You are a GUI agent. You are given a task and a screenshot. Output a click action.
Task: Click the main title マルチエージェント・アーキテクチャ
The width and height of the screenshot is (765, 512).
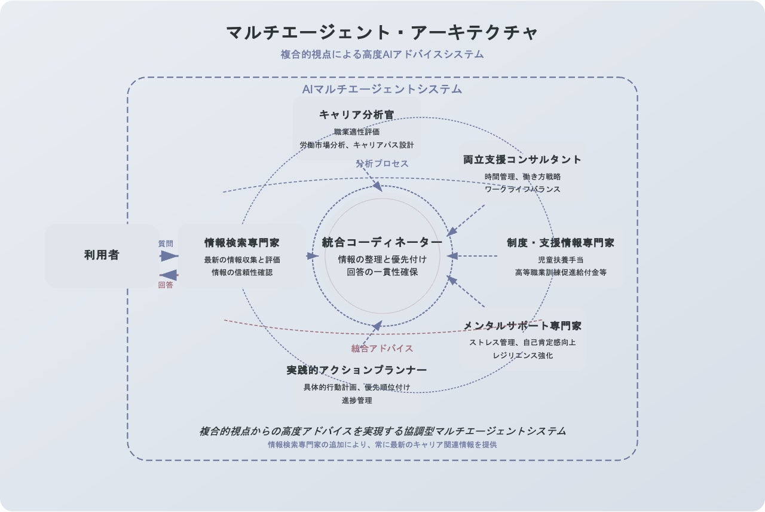pos(382,32)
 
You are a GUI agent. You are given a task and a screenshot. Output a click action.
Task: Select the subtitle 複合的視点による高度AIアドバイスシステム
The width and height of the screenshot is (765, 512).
pos(382,54)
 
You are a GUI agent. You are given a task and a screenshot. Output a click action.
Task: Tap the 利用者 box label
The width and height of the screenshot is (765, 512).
pos(102,255)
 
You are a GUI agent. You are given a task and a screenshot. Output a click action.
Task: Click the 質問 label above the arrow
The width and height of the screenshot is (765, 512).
pos(166,244)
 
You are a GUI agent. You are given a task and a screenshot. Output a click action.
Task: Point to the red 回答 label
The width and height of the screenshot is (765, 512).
pos(166,285)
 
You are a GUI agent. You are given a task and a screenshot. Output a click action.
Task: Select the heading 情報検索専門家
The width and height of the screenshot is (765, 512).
pos(242,243)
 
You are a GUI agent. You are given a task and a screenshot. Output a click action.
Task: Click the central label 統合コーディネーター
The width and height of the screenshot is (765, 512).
pos(382,242)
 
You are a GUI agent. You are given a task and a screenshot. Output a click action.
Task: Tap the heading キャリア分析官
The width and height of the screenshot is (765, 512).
pos(357,115)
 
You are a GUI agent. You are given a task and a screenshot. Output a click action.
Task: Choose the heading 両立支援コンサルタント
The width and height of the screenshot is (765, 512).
pos(522,160)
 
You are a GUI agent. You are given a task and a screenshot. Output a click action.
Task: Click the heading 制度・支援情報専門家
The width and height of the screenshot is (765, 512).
pos(561,243)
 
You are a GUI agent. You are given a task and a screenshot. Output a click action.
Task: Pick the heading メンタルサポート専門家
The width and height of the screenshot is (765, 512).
pos(522,326)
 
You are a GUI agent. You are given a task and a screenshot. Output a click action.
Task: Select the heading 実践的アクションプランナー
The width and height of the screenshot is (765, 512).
pos(357,370)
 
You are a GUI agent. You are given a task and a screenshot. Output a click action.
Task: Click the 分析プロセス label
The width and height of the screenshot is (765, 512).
pos(382,163)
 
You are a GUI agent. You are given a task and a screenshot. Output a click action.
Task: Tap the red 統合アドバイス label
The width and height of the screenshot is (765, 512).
pos(382,348)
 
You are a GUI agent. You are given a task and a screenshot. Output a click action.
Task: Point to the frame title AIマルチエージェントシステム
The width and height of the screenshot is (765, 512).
pos(382,89)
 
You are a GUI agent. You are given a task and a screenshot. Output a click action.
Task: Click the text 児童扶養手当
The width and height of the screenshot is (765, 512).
pos(561,260)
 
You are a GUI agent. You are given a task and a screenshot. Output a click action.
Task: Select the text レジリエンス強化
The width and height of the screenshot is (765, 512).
pos(522,355)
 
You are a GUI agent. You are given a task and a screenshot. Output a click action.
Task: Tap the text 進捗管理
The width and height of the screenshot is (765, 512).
pos(357,400)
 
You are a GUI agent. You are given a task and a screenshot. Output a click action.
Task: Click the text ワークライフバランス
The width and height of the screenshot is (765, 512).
pos(522,189)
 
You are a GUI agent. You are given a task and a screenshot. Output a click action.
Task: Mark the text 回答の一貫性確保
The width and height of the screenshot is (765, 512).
pos(382,272)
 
